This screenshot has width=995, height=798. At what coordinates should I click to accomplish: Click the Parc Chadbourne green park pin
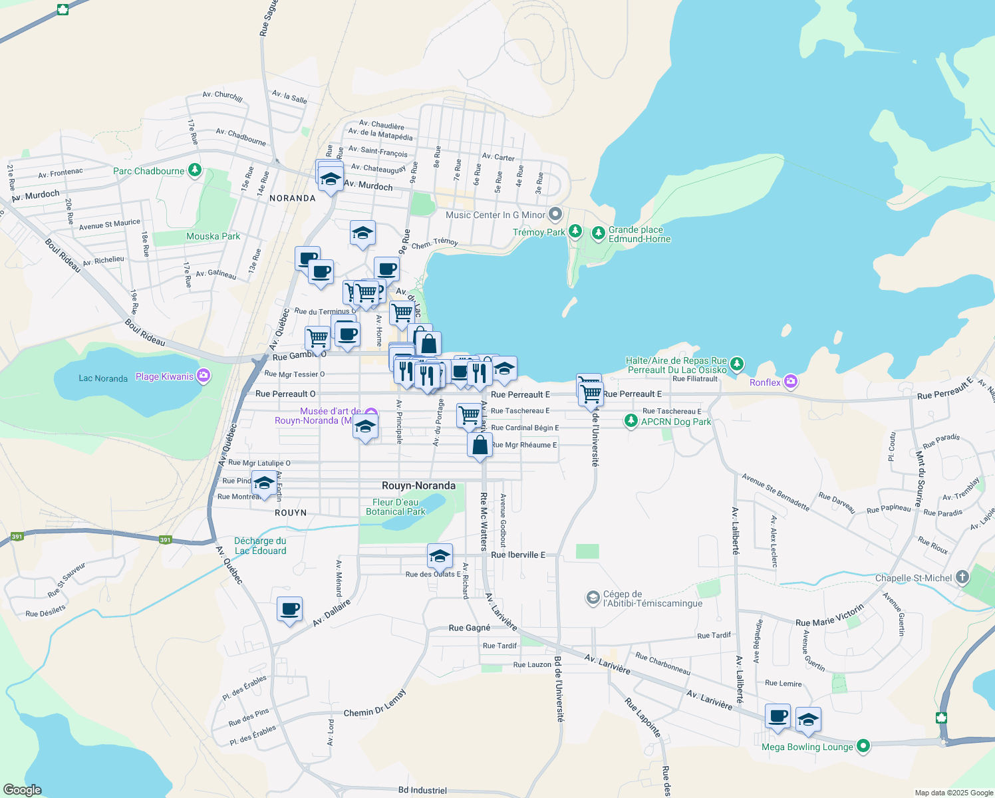[194, 171]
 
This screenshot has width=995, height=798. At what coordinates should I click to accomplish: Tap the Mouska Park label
[213, 236]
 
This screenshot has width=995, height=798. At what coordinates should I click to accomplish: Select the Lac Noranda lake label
[103, 378]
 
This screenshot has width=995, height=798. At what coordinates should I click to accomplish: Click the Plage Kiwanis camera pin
[204, 376]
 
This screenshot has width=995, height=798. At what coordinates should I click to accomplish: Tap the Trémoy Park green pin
[575, 231]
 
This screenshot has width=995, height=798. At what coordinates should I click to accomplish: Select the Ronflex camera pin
[790, 382]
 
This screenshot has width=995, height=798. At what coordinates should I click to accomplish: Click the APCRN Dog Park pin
[631, 421]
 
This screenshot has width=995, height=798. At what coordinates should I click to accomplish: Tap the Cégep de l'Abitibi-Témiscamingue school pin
[593, 598]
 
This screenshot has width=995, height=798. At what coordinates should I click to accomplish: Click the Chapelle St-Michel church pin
[962, 577]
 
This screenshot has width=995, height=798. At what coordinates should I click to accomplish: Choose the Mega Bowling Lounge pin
[863, 746]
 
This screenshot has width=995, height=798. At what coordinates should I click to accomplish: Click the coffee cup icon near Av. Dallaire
[290, 608]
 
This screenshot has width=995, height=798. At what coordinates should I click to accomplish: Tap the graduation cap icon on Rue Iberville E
[440, 555]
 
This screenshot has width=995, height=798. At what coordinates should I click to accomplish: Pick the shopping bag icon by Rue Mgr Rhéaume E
[480, 445]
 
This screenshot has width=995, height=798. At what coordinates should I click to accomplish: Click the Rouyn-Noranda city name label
[418, 485]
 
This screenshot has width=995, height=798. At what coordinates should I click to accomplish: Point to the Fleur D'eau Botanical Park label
[395, 507]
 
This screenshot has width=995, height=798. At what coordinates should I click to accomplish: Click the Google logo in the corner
[22, 790]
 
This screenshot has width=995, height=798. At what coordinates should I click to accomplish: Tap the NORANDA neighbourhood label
[292, 198]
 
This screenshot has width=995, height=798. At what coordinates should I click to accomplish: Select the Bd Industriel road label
[422, 790]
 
